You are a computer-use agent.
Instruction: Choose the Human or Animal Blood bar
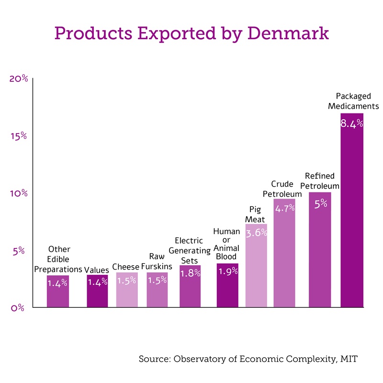[x=227, y=287]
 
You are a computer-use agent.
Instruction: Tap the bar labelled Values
[x=97, y=292]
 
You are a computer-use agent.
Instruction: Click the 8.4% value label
[x=352, y=124]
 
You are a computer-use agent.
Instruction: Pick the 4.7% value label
[x=284, y=209]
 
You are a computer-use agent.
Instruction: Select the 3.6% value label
[x=256, y=234]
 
